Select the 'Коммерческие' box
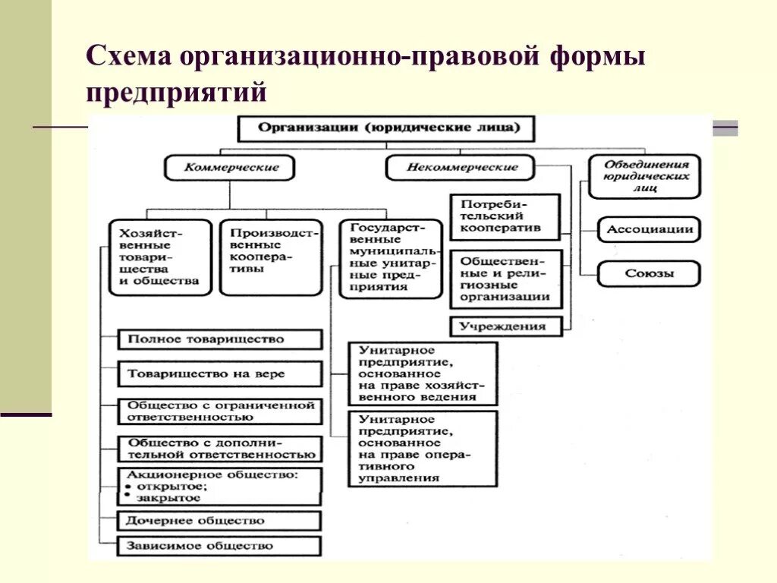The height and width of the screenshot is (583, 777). [231, 168]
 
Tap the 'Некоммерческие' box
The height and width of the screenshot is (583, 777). [461, 168]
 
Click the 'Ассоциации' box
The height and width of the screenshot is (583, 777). [649, 229]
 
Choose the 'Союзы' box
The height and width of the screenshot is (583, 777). [649, 273]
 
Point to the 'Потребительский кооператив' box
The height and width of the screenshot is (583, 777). [505, 216]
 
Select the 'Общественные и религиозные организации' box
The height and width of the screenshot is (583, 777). [506, 279]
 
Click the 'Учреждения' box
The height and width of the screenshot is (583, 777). [506, 326]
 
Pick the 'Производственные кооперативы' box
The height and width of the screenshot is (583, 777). [271, 257]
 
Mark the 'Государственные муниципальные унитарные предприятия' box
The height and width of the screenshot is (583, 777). [390, 259]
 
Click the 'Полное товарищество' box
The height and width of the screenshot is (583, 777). [220, 339]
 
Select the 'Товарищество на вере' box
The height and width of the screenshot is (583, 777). [220, 373]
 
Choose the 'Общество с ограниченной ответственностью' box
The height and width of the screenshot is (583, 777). [220, 411]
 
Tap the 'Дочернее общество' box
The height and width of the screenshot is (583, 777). [220, 521]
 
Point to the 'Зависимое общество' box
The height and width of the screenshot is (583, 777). [220, 546]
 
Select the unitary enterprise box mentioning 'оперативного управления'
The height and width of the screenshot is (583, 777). [423, 449]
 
